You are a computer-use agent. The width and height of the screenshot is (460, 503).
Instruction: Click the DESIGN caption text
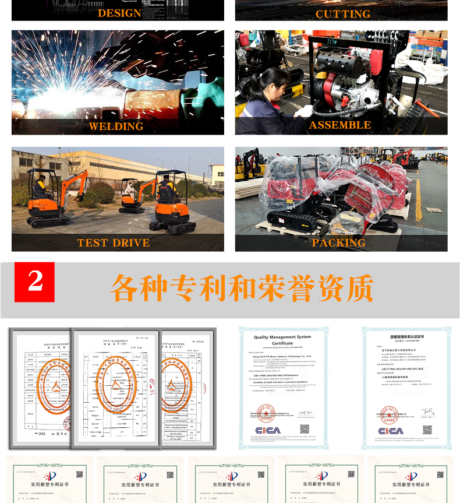coord(119,13)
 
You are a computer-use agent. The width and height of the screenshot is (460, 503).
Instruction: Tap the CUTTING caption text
coord(342,13)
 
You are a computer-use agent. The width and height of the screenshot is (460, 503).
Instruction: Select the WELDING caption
coord(116,126)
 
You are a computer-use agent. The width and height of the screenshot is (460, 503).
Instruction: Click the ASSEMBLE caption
coord(340,125)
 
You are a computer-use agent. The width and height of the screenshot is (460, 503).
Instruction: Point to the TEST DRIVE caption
coord(114,242)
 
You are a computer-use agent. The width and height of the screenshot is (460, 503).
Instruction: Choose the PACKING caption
coord(338,242)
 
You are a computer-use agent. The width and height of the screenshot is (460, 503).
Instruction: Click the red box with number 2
coord(34,282)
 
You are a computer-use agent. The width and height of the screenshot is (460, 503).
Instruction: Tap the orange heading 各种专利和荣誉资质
coord(242,287)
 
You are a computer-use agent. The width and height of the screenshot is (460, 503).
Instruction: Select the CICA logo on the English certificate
coord(267,430)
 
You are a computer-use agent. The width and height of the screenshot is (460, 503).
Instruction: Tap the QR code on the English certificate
coord(305,430)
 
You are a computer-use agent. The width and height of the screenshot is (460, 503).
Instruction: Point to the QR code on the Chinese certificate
coord(427,430)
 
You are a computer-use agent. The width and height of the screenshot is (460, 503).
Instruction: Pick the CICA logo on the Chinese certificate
coord(391,431)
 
